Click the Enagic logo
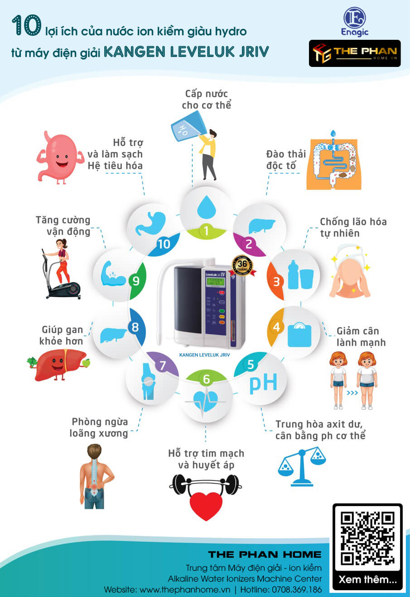(355, 22)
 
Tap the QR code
(367, 538)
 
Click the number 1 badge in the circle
(206, 231)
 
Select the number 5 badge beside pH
(251, 365)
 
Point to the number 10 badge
(164, 244)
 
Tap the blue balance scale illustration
(302, 466)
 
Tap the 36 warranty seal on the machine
(242, 265)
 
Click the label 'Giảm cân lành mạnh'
(360, 337)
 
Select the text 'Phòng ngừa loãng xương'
(99, 427)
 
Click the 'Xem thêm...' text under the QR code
(367, 579)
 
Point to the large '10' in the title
(26, 25)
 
